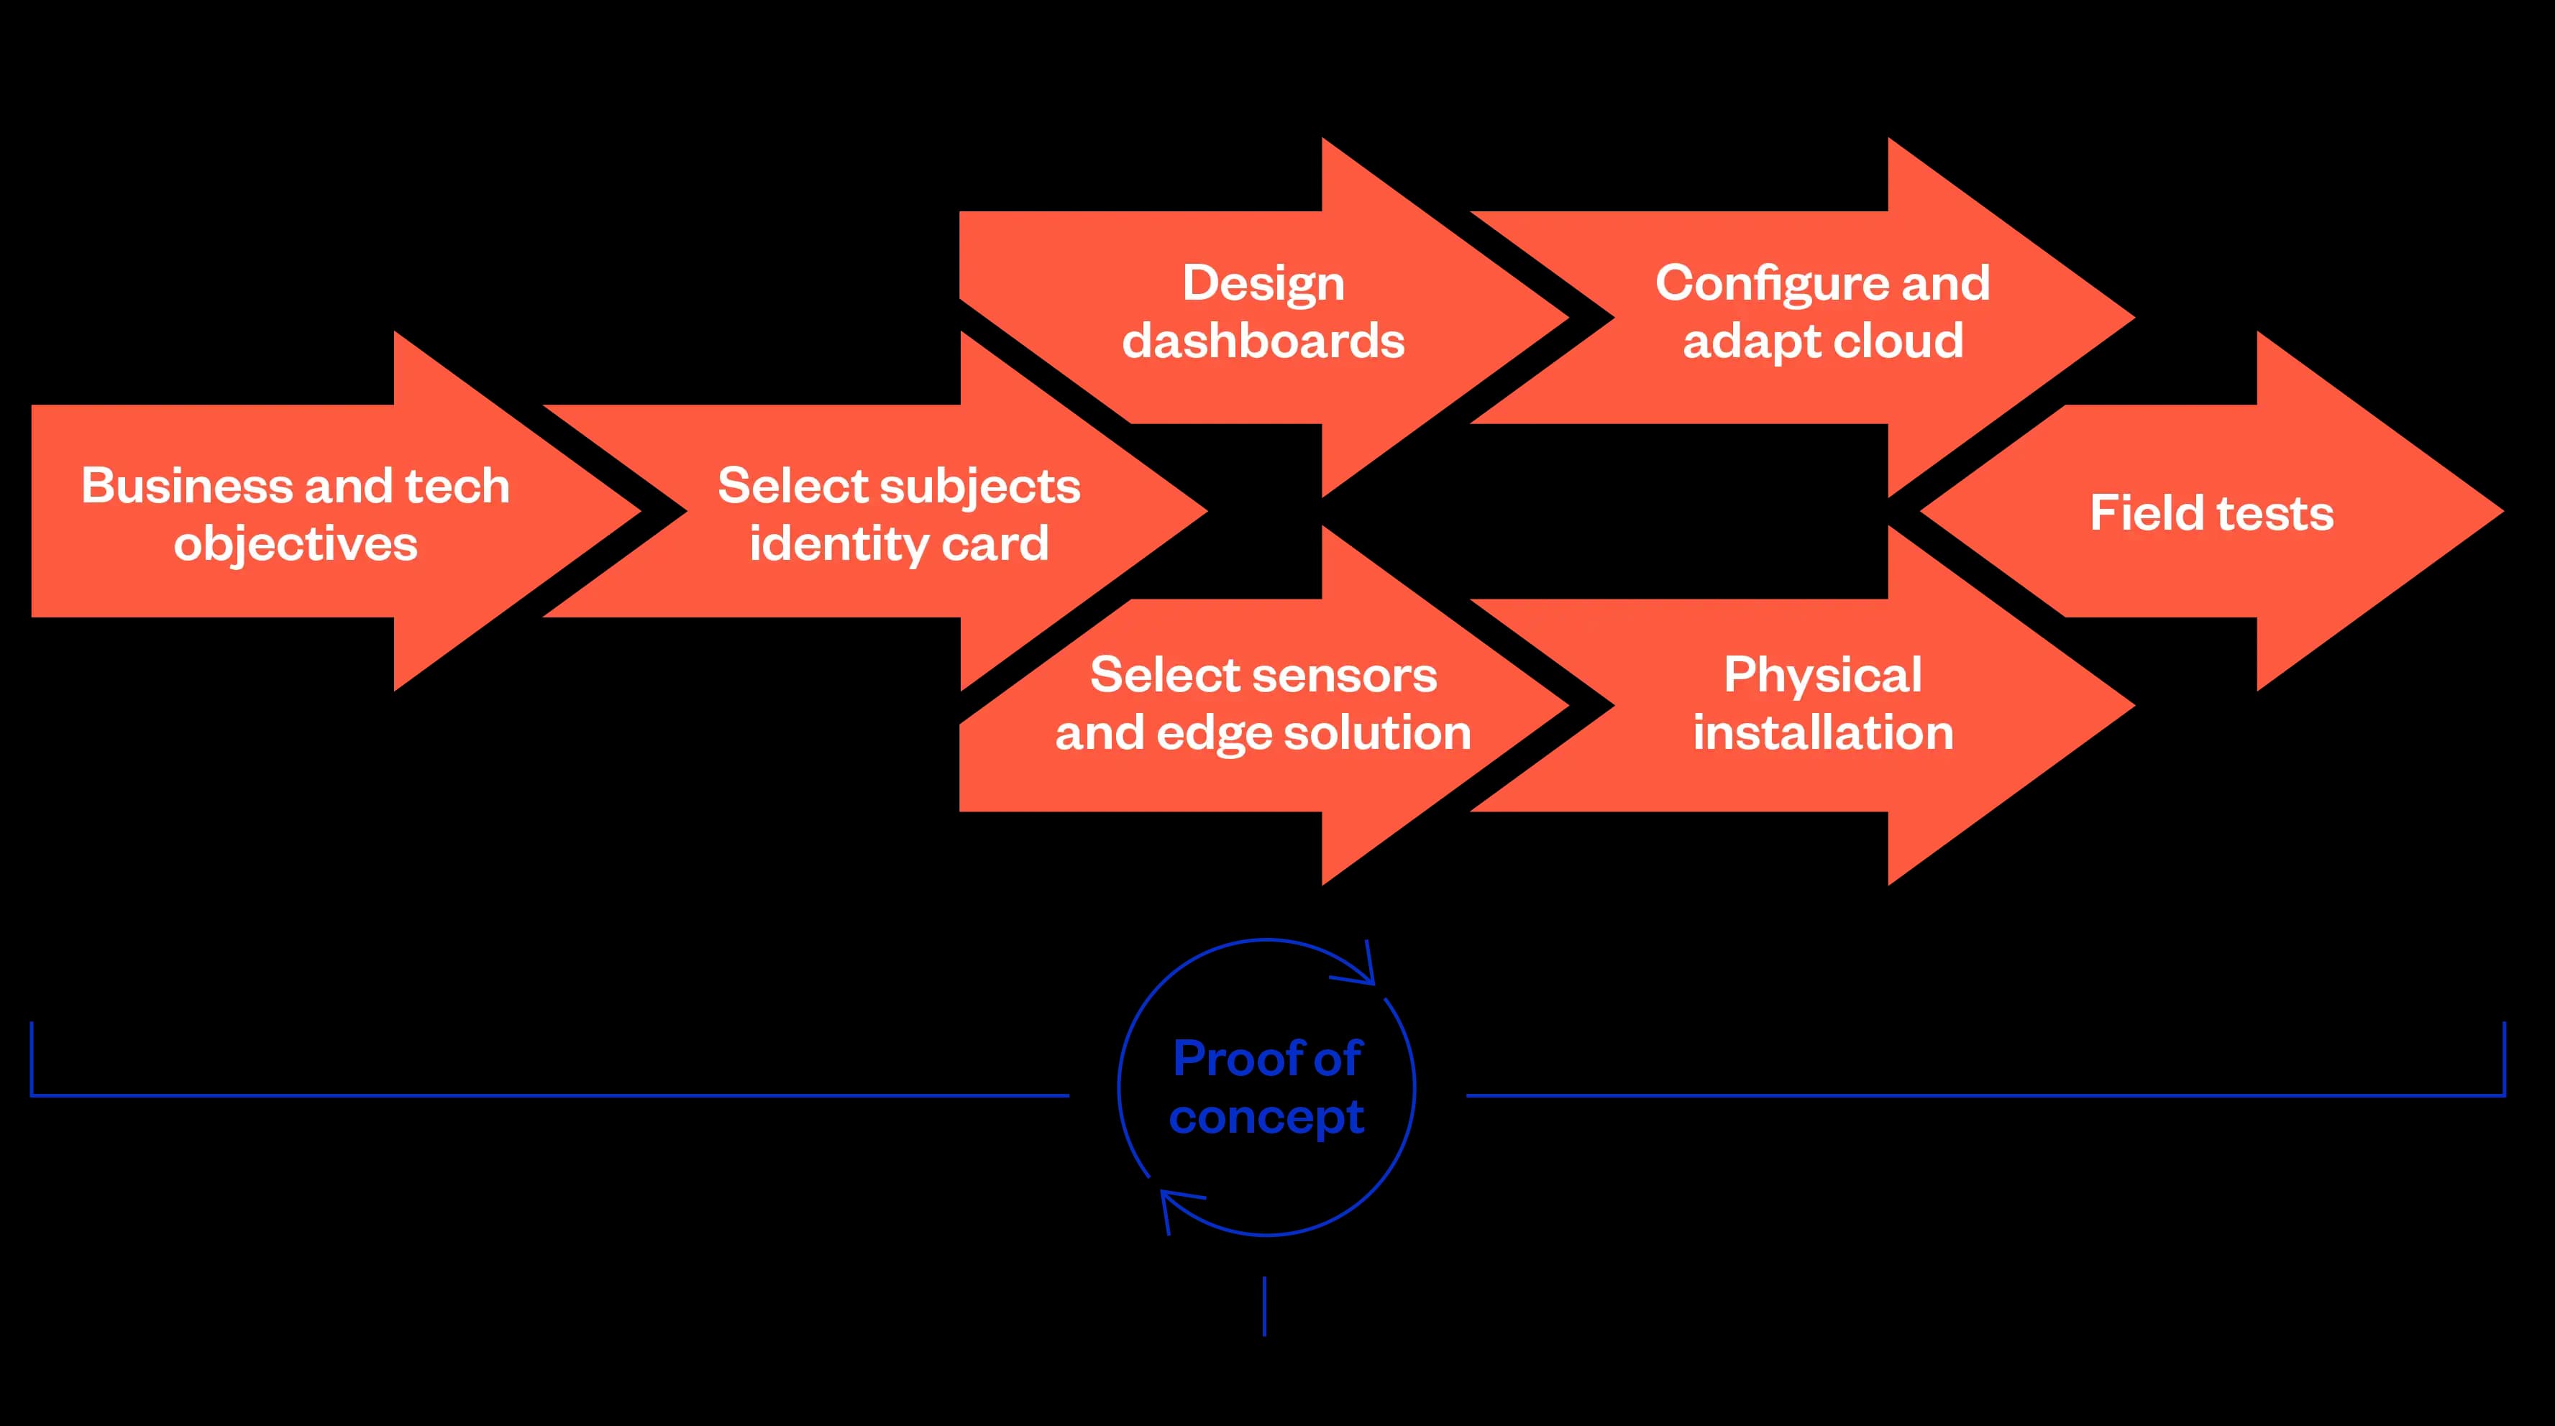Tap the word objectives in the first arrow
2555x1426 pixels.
(296, 543)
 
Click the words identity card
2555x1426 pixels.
(899, 543)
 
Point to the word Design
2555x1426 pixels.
(1263, 284)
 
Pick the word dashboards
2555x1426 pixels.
(1263, 341)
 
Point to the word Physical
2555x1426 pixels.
(1822, 676)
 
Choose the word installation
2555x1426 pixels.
(1822, 733)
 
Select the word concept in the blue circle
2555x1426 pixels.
(1266, 1117)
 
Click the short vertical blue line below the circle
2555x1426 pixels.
(1265, 1306)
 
